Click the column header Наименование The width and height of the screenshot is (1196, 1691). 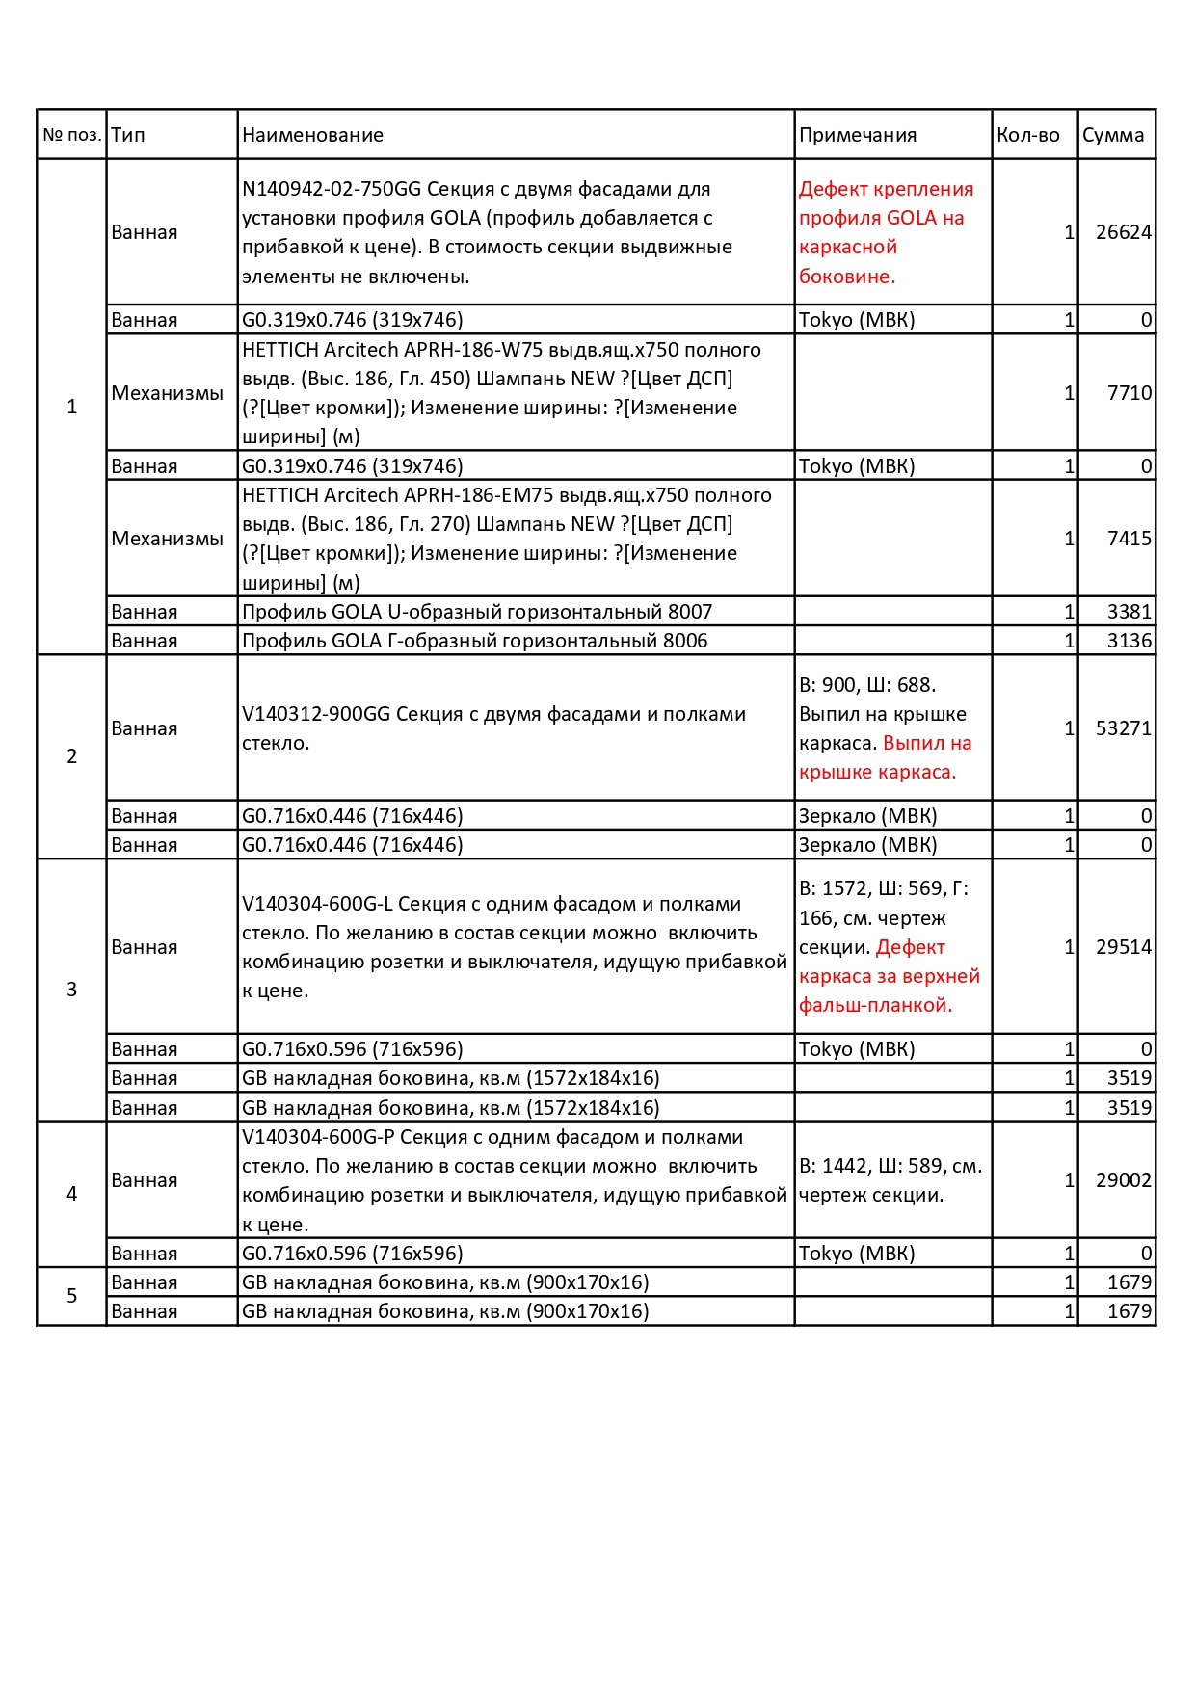tap(312, 135)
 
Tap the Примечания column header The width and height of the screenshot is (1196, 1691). tap(857, 135)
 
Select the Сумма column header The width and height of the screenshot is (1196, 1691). tap(1112, 135)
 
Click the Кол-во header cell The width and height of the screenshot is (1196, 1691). tap(1027, 135)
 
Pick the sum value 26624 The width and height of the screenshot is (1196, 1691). tap(1123, 232)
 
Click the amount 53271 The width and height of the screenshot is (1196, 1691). tap(1123, 728)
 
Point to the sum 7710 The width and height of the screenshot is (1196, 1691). tap(1129, 393)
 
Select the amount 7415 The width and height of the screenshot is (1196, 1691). tap(1129, 539)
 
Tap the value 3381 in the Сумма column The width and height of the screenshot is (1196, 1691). tap(1129, 612)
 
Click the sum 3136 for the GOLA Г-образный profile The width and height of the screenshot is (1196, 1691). tap(1129, 641)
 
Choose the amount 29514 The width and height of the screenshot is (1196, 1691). tap(1123, 947)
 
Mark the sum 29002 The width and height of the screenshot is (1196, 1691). tap(1123, 1180)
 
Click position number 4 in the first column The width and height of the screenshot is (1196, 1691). tap(71, 1194)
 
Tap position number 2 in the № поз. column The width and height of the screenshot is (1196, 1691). tap(71, 756)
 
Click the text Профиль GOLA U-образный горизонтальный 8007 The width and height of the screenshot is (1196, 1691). tap(476, 612)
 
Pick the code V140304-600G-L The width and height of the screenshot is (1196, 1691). tap(316, 904)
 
